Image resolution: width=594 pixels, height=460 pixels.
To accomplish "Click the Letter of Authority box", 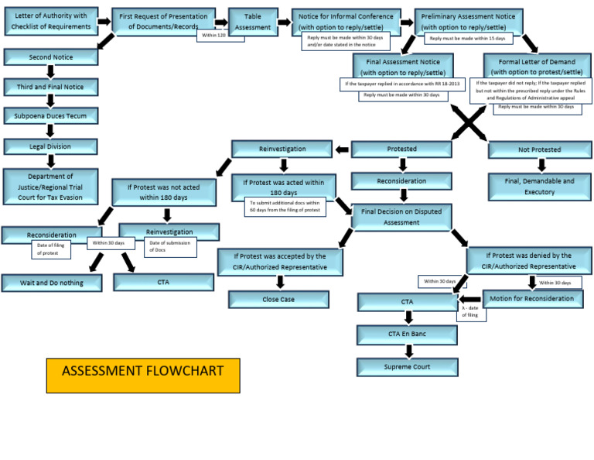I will pos(50,21).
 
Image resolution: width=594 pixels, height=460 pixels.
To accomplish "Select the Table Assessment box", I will pos(253,21).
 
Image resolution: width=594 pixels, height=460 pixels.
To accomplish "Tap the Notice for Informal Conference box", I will pos(346,20).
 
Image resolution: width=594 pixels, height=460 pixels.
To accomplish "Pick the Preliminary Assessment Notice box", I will pos(469,21).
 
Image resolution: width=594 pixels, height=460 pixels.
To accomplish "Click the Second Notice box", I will pos(50,57).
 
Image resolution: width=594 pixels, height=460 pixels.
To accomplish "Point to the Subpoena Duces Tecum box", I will pos(50,116).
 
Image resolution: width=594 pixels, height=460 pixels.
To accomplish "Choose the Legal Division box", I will pos(50,146).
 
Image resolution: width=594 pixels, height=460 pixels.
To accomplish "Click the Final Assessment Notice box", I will pos(403,67).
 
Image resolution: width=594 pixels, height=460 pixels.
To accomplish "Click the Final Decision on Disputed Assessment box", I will pos(401,217).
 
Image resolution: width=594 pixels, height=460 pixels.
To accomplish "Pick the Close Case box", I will pos(278,299).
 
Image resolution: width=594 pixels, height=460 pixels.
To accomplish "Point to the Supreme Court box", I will pos(407,366).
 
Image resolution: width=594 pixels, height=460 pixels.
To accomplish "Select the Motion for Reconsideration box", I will pos(532,298).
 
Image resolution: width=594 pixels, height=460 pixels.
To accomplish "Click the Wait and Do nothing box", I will pos(52,283).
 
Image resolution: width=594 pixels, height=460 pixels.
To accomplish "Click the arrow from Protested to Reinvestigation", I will pos(342,149).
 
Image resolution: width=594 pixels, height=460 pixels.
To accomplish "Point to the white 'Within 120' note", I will pos(213,36).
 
